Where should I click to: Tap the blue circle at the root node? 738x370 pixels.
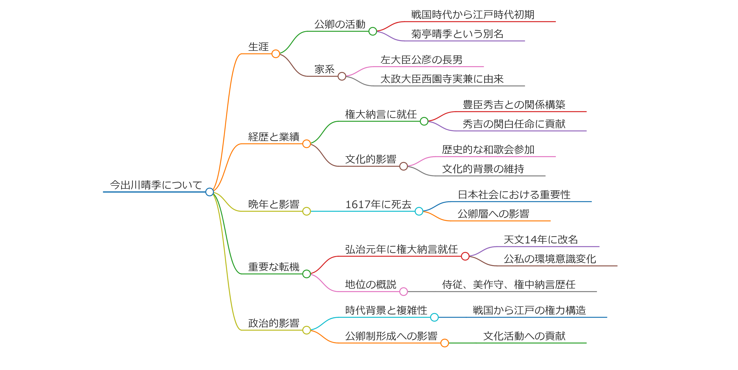pos(210,192)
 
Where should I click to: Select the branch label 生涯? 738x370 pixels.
pos(258,47)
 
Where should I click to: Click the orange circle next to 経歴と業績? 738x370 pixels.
pos(306,144)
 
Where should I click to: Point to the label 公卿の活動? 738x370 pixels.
pos(340,24)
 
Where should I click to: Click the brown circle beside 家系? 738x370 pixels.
pos(342,76)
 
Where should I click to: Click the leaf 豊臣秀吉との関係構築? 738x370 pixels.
pos(514,105)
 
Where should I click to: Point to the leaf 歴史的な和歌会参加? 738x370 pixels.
pos(488,150)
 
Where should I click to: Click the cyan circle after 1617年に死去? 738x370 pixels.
pos(419,211)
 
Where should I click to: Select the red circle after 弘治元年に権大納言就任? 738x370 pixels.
pos(465,256)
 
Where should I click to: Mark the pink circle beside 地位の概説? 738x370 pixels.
pos(403,292)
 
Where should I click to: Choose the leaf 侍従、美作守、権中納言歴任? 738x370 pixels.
pos(509,285)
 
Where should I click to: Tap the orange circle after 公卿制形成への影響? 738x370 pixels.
pos(444,343)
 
